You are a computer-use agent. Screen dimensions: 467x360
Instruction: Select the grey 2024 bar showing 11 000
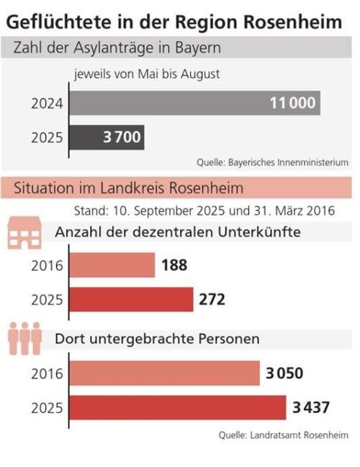click(x=194, y=103)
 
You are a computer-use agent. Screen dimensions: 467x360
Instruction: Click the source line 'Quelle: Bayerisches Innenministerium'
click(x=272, y=162)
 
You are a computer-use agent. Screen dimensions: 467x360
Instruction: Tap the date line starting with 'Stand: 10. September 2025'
click(x=204, y=212)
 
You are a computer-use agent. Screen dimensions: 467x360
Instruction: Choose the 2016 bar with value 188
click(x=112, y=265)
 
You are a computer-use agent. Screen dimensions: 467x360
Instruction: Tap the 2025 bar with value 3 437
click(x=178, y=407)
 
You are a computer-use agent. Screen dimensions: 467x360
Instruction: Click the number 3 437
click(x=312, y=407)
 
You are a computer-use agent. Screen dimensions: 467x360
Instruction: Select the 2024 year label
click(x=47, y=104)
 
